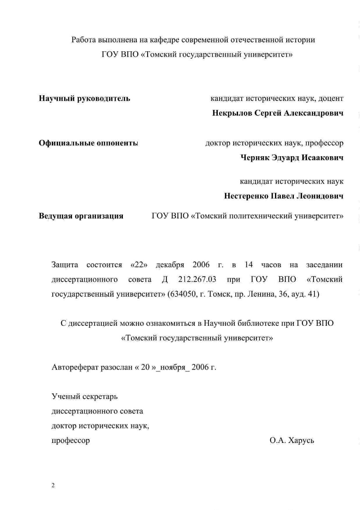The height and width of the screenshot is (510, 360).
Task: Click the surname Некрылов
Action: tap(232, 113)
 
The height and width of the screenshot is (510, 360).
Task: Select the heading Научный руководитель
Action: tap(85, 98)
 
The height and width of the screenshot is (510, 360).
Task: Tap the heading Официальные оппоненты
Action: tap(88, 144)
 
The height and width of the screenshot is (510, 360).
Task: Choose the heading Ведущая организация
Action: tap(81, 216)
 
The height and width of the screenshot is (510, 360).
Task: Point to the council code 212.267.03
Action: tap(197, 280)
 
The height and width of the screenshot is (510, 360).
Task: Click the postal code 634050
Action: tap(184, 294)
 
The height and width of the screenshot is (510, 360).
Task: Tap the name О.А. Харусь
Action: tap(292, 440)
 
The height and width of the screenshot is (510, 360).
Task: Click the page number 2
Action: tap(53, 485)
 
